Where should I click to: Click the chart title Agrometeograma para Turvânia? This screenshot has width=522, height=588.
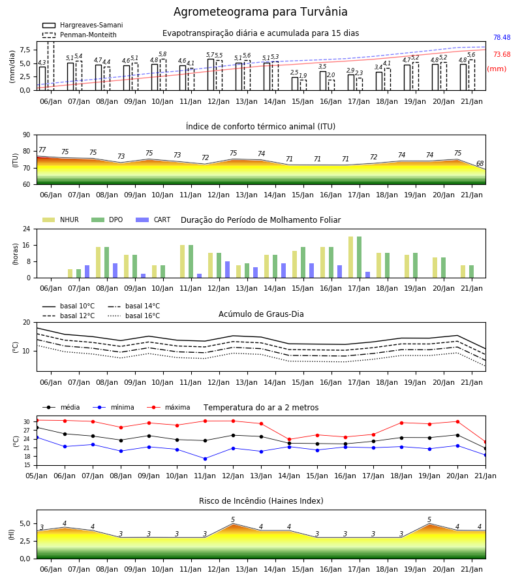[260, 12]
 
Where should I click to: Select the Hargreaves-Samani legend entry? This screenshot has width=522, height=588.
[82, 25]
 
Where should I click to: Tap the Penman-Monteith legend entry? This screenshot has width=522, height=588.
[80, 35]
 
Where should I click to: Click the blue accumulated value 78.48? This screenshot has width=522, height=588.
[502, 37]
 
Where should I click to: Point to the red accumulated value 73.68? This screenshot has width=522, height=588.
[502, 54]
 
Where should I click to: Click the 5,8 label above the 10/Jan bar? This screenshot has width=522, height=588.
[162, 54]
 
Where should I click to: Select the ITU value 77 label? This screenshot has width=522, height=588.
[42, 150]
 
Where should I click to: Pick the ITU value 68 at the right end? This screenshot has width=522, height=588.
[480, 163]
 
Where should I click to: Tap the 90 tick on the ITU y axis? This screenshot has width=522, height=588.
[26, 135]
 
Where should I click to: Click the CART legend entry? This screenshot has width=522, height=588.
[153, 220]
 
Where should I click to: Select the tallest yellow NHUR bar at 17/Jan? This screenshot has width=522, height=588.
[351, 257]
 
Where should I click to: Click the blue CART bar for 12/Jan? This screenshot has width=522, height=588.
[227, 270]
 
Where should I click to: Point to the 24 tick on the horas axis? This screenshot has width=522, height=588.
[27, 229]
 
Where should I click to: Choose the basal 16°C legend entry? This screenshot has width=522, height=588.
[134, 316]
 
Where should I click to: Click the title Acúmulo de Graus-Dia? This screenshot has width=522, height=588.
[261, 314]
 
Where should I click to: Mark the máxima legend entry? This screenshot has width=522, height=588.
[169, 407]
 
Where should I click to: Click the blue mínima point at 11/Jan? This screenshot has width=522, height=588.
[205, 459]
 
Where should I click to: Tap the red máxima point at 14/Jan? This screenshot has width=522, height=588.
[289, 439]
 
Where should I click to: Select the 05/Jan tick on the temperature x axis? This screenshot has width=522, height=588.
[37, 476]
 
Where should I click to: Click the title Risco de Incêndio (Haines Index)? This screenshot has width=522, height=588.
[261, 501]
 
